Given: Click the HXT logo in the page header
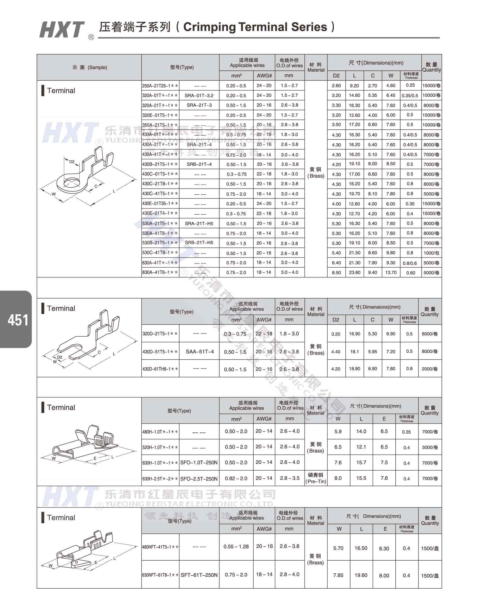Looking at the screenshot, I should pos(62,30).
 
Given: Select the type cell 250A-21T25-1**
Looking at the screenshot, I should pos(160,86).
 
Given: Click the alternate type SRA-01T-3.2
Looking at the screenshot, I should pos(199,96).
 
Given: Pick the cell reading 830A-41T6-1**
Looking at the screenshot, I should pos(160,273).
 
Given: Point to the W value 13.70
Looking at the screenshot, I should pos(391,273).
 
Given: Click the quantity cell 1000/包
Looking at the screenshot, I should pos(431,253).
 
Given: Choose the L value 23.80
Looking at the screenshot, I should pos(354,273).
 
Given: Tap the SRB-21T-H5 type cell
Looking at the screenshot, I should pos(199,243).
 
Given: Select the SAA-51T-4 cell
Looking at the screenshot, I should pos(199,352).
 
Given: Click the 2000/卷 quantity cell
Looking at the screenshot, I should pos(430,369).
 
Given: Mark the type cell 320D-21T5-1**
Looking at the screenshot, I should pos(160,334).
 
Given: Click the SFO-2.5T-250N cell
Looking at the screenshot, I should pos(199,479).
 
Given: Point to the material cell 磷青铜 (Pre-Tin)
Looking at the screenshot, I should pos(316,478).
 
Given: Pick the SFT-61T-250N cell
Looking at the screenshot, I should pos(199,575).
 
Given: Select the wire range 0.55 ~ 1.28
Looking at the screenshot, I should pos(236,546).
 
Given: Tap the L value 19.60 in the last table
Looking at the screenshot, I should pos(361,575).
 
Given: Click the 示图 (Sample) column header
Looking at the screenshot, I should pos(89,68).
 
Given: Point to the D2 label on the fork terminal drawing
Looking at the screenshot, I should pos(59,357).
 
